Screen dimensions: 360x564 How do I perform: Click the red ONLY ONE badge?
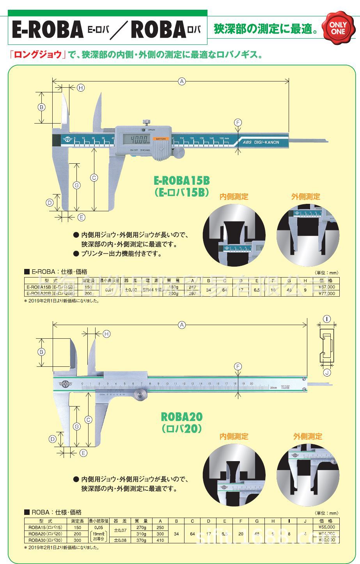(x=338, y=28)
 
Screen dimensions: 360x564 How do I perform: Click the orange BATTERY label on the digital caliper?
(x=161, y=139)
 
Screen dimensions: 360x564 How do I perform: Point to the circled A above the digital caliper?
(x=181, y=81)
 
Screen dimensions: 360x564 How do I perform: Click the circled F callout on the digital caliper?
(x=238, y=122)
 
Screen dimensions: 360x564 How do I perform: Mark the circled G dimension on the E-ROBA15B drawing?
(x=77, y=185)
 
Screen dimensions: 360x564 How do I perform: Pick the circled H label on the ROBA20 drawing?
(x=106, y=334)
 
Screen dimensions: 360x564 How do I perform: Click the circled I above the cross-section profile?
(x=326, y=319)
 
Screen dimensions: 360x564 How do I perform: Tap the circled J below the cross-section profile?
(x=327, y=372)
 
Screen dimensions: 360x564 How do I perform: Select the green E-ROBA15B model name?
(x=182, y=180)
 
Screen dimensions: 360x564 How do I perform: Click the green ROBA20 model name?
(x=182, y=417)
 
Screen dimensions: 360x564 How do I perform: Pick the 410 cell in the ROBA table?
(x=160, y=540)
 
